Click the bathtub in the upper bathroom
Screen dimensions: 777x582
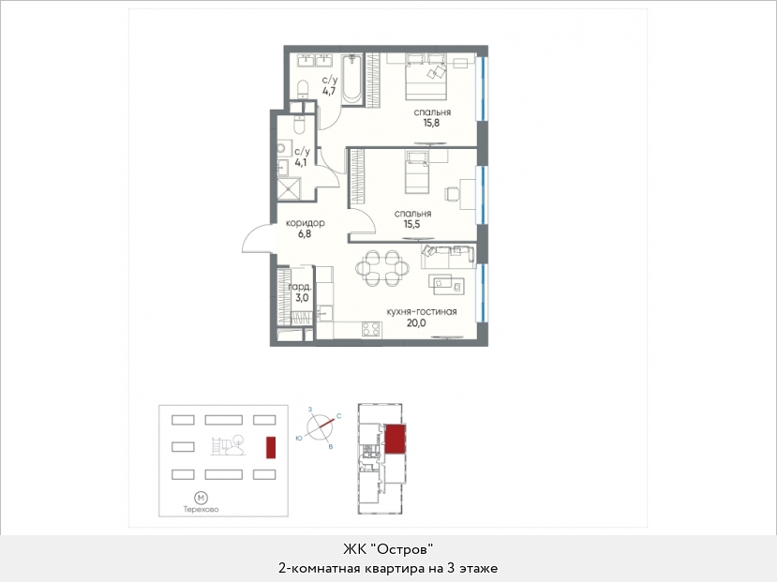352,80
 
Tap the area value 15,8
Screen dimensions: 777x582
431,123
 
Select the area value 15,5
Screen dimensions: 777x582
411,224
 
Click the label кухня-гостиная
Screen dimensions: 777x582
422,311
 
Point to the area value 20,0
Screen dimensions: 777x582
416,323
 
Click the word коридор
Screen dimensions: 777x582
306,223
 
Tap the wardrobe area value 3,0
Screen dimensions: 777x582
302,298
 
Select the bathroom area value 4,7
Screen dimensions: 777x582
329,91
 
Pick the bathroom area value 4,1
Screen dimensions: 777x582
301,162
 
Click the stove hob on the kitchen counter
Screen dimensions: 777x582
371,329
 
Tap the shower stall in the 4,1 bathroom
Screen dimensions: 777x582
289,189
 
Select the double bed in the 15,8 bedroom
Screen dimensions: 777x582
426,77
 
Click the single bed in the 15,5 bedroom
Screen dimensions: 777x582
417,172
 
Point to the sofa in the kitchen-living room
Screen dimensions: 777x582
448,255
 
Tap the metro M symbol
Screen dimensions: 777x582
202,498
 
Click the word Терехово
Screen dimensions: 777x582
202,509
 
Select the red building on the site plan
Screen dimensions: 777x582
271,447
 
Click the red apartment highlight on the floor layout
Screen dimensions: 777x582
395,439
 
